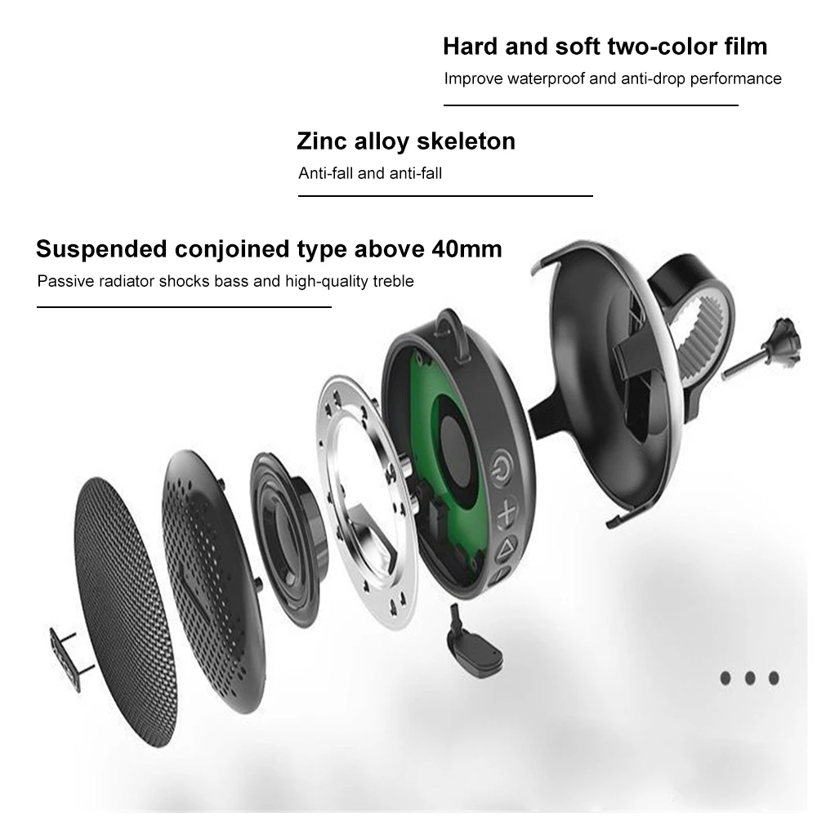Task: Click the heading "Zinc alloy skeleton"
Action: coord(405,141)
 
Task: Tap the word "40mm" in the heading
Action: coord(463,248)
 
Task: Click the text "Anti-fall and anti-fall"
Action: coord(370,173)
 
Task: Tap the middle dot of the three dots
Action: coord(749,677)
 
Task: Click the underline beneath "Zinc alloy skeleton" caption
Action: coord(445,196)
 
